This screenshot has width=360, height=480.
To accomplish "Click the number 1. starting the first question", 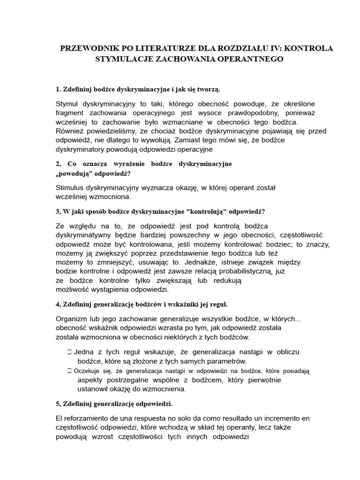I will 59,89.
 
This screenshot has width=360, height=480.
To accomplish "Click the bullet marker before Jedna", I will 69,352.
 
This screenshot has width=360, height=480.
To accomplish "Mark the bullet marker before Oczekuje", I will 69,371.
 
